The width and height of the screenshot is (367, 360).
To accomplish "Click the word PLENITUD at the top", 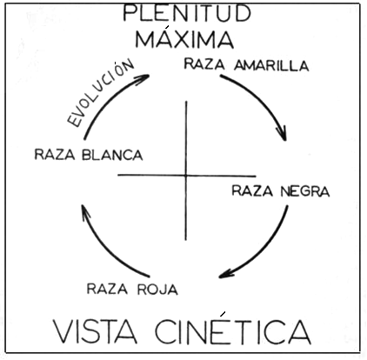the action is point(187,13).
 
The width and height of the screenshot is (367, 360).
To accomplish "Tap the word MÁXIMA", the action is point(184,38).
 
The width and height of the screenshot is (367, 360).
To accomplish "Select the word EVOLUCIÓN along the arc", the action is point(100,94).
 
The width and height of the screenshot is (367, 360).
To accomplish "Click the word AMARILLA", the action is point(271,65).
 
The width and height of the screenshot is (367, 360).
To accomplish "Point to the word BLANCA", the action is point(112,155).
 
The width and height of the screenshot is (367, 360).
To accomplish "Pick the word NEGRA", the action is point(305,191).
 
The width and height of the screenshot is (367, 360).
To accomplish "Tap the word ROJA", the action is point(157,290).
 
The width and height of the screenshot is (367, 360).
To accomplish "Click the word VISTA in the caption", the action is point(96,331).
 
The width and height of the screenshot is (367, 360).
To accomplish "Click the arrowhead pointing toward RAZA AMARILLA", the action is point(143,78).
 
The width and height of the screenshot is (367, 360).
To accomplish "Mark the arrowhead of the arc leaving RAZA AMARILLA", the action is point(283,134).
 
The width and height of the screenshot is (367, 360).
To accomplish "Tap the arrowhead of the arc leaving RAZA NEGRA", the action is point(226,274).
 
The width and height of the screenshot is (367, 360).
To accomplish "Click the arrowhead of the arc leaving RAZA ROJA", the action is point(85,211).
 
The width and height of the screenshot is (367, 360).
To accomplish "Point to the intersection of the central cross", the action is point(186,176).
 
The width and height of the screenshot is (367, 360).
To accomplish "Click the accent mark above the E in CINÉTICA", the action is point(223,314).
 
